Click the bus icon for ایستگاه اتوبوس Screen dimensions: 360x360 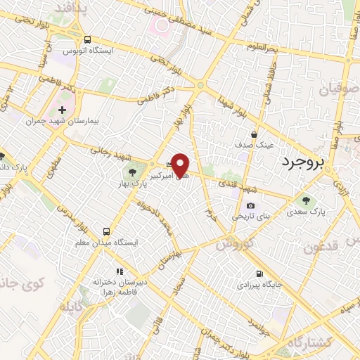87,39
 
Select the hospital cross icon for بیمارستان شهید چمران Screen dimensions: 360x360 63,110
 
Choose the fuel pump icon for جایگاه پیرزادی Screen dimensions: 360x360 259,274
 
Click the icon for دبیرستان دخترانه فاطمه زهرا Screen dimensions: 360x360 120,271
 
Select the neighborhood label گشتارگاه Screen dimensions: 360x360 329,340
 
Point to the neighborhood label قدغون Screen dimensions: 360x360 324,247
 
